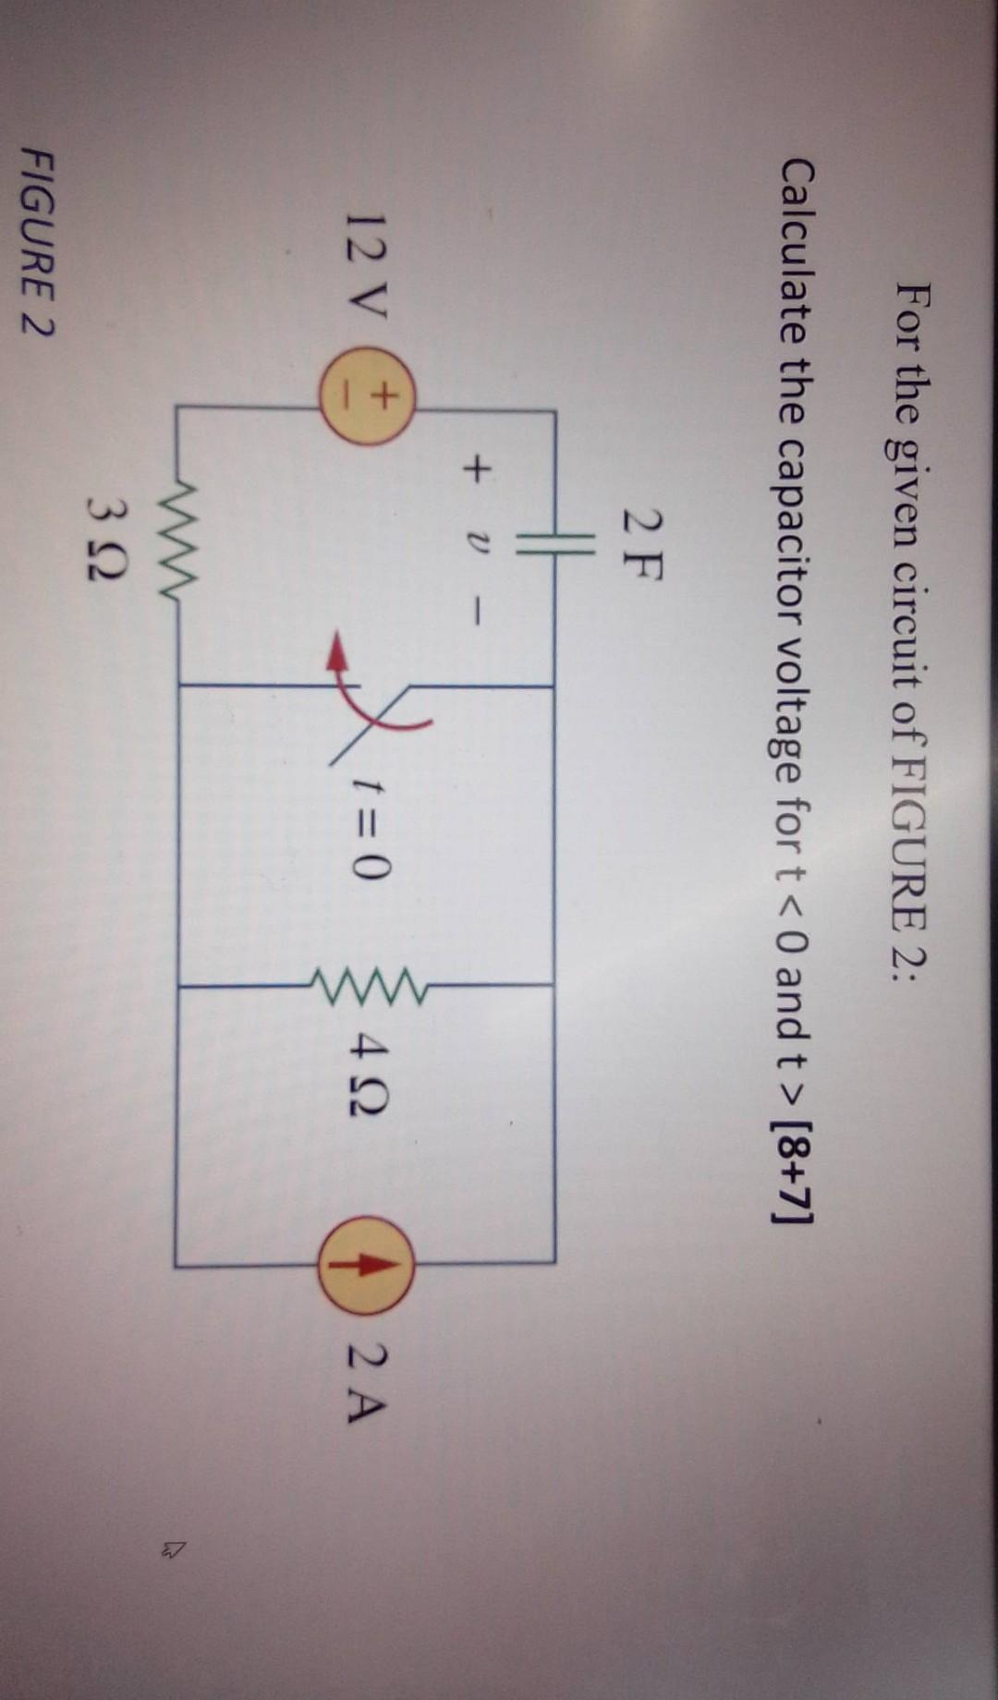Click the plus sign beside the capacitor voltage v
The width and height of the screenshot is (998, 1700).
coord(473,471)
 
